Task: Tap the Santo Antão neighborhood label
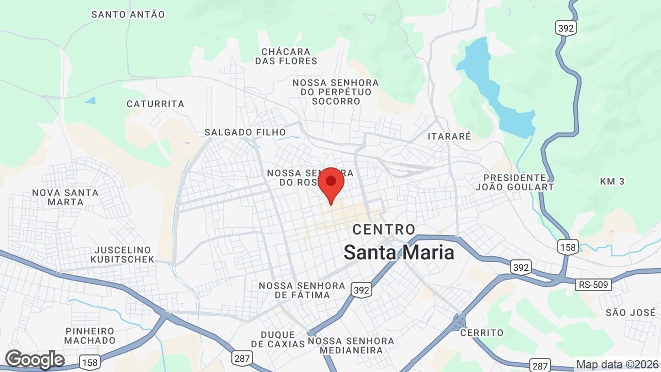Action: (x=128, y=14)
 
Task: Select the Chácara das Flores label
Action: (x=286, y=56)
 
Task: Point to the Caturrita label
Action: (x=155, y=104)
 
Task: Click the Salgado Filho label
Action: (x=245, y=132)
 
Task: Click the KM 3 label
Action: (x=612, y=181)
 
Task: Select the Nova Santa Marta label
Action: (x=65, y=197)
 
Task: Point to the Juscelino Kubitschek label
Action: (x=122, y=255)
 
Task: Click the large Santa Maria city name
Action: (x=399, y=253)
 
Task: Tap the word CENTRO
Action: (x=384, y=229)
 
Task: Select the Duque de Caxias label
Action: (x=278, y=339)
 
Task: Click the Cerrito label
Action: (x=481, y=332)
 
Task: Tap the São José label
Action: (x=630, y=312)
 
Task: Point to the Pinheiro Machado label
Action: (x=90, y=335)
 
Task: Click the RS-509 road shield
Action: (x=594, y=284)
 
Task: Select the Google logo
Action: (x=35, y=360)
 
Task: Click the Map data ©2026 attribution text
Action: (x=617, y=364)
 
